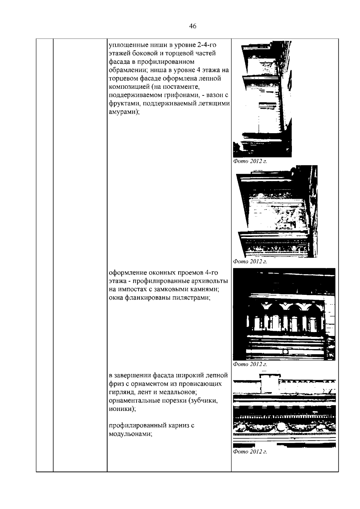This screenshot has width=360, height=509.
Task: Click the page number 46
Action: (x=193, y=26)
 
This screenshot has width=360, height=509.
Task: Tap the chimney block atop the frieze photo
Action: (x=269, y=383)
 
